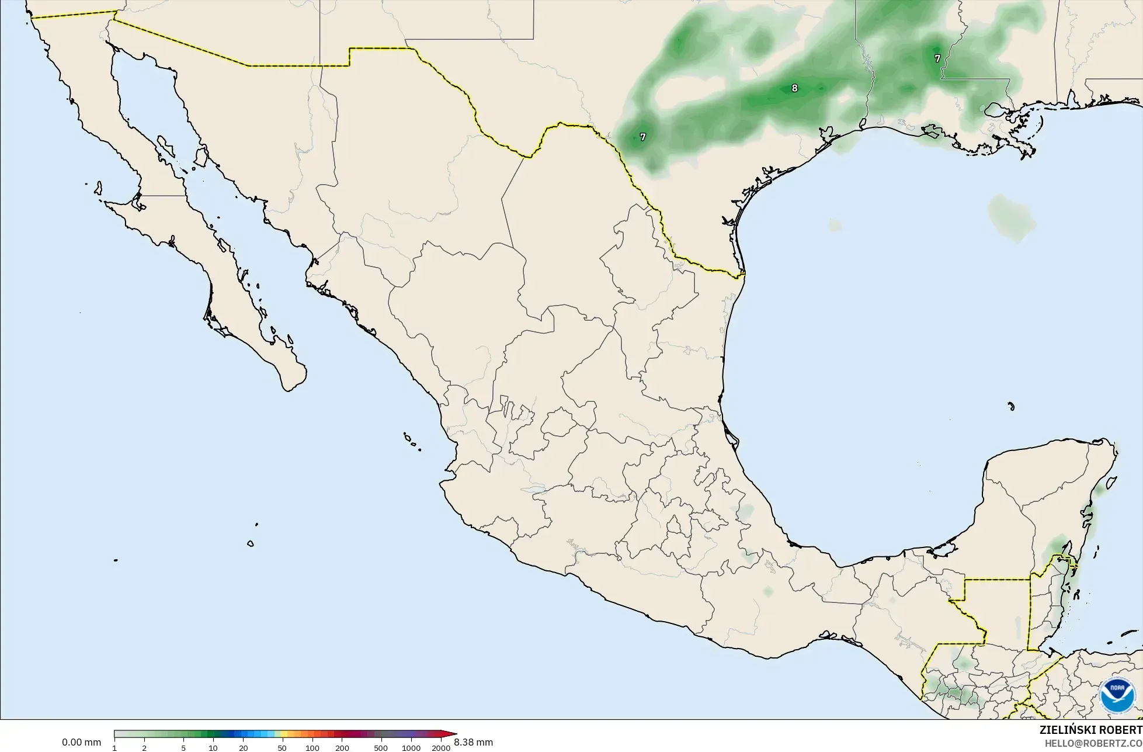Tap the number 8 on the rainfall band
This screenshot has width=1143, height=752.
pos(794,88)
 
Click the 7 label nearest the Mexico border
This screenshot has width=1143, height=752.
pos(643,137)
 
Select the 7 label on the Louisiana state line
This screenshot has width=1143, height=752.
pos(937,58)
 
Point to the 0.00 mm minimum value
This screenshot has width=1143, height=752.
pos(82,743)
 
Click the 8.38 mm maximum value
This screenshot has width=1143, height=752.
pos(473,743)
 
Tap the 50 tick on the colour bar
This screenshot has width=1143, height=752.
pos(282,748)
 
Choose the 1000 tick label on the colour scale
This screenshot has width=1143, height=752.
pos(411,748)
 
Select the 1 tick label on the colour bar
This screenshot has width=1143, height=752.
pos(114,748)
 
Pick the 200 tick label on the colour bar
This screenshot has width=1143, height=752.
pos(342,748)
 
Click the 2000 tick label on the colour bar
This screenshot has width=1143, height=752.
pos(441,748)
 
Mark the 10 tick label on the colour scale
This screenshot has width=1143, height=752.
pos(213,748)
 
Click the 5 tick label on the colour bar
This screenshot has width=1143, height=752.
pos(183,748)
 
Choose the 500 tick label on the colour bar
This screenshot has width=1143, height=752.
pos(380,748)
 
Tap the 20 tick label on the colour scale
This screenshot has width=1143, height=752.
pos(244,748)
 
